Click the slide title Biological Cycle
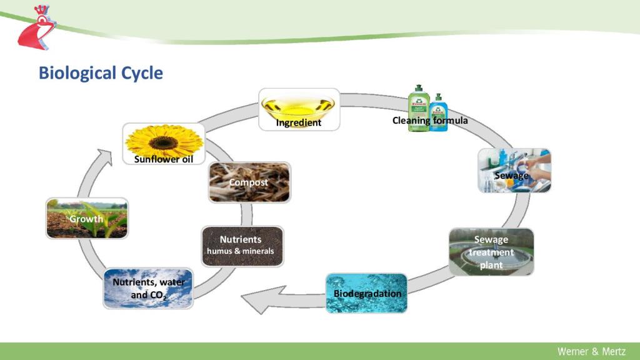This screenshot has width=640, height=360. tap(101, 73)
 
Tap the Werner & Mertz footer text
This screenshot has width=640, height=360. tap(591, 351)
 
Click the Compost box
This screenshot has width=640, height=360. tap(249, 182)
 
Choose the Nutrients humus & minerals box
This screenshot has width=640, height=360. tap(242, 246)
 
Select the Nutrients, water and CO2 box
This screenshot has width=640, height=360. tap(148, 288)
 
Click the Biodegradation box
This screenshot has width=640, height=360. tap(366, 292)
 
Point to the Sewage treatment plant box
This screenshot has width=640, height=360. tap(491, 252)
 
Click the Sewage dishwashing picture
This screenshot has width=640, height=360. tap(514, 170)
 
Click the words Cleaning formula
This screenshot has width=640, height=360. tap(430, 120)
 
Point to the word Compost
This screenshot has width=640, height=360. tap(249, 182)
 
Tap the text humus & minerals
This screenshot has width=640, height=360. tap(241, 251)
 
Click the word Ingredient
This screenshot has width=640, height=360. tap(299, 123)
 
